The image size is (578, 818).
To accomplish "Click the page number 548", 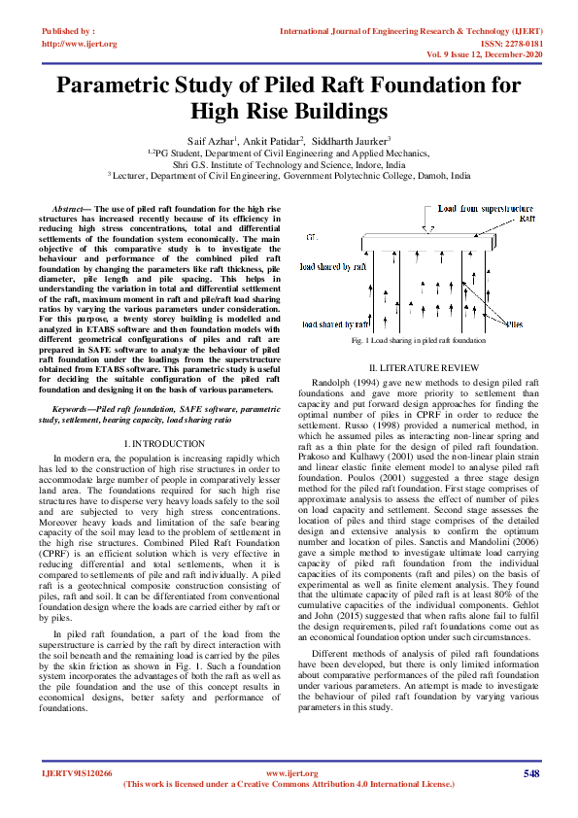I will click(530, 773).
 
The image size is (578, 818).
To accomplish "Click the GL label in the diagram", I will click(310, 236).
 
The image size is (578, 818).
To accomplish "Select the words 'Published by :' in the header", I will click(69, 32).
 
